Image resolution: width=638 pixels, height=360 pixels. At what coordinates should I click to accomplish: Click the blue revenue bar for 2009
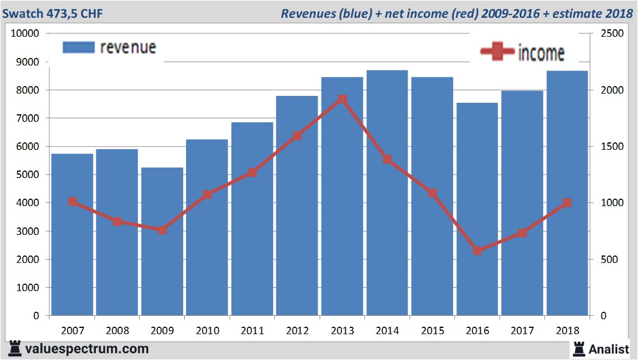tap(162, 241)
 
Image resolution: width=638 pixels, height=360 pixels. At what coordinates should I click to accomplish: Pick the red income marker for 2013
tap(342, 99)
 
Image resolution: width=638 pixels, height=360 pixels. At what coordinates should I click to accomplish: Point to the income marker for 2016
tap(477, 251)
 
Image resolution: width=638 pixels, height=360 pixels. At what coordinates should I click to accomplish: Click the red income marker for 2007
tap(72, 202)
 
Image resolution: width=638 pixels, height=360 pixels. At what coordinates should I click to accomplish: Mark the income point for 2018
tap(567, 203)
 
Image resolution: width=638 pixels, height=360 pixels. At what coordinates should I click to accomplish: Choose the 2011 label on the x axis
tap(252, 331)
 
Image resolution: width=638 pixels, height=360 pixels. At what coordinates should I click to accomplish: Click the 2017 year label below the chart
tap(522, 331)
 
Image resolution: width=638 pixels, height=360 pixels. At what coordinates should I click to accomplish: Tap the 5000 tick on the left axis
tap(28, 175)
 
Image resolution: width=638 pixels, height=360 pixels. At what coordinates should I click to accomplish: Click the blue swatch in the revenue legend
tap(78, 48)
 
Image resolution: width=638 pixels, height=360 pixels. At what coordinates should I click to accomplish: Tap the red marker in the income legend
tap(497, 52)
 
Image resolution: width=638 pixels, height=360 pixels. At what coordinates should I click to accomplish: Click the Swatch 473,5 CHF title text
tap(53, 13)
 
